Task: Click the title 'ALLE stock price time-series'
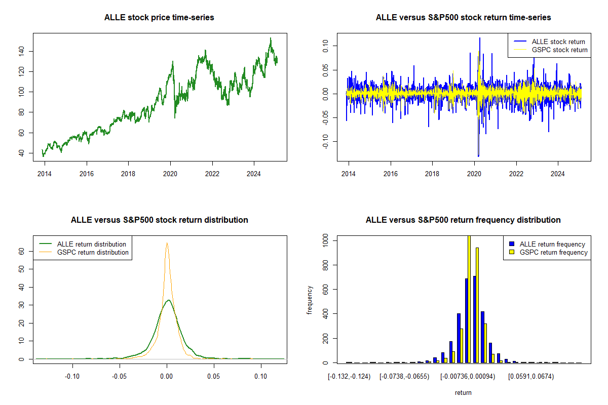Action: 159,18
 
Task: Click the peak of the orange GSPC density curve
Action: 167,243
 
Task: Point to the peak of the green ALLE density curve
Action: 168,300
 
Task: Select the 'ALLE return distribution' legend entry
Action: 92,244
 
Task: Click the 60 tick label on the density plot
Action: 22,251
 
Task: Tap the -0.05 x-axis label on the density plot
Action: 120,377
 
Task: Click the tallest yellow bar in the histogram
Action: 469,299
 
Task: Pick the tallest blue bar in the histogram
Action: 475,319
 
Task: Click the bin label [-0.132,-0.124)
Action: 349,377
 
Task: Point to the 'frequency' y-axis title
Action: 310,300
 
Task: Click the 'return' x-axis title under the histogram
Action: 463,393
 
